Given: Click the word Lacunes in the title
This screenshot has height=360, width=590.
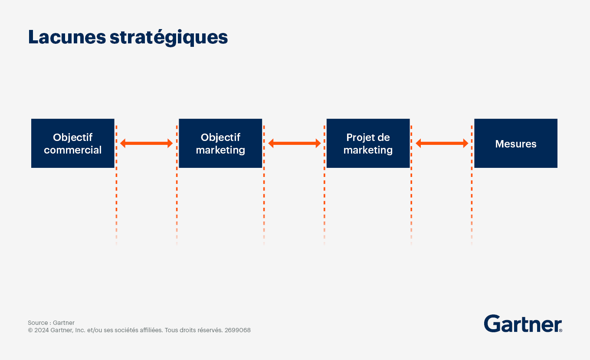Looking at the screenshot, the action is coord(67,37).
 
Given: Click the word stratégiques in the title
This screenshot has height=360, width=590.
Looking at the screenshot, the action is coord(169,38).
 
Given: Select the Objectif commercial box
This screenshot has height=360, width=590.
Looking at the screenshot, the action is coord(73,143).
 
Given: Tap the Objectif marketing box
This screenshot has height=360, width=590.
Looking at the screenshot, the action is coord(220,143).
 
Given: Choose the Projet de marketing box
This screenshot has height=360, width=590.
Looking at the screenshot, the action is coord(368,143).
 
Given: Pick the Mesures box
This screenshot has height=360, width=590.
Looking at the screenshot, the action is coord(516,143).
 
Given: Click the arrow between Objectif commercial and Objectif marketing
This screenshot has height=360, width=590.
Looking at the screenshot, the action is coord(147,143).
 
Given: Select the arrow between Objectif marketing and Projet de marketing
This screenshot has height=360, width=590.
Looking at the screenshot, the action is coord(295,143).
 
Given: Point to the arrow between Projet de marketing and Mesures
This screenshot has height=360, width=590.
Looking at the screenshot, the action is coord(442,143).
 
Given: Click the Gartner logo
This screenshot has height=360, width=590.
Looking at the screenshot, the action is coord(523,324).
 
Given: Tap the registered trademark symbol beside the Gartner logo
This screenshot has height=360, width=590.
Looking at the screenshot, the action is coord(560,330).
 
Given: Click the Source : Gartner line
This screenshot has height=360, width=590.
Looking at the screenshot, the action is coord(51,323).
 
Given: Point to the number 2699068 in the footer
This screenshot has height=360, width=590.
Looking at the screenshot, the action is coord(238,330).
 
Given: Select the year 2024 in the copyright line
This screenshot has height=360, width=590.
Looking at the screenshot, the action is coord(42,330).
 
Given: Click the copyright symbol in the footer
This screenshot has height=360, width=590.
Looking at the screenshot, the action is coord(30,330).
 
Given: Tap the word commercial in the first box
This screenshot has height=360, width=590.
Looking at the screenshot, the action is coord(73,150).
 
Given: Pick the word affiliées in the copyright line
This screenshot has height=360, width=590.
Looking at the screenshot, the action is coord(151,330).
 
